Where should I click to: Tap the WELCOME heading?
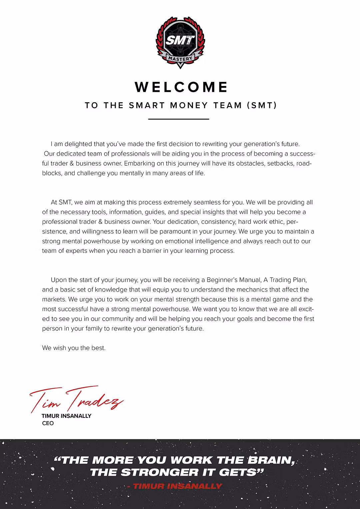(x=181, y=87)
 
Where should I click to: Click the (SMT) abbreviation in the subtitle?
(x=262, y=105)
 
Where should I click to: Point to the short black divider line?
(x=178, y=119)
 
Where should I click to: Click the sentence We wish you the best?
(x=74, y=348)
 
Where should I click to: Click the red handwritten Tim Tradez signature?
(x=76, y=400)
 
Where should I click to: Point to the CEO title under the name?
(x=48, y=423)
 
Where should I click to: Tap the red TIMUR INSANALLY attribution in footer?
(x=175, y=486)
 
